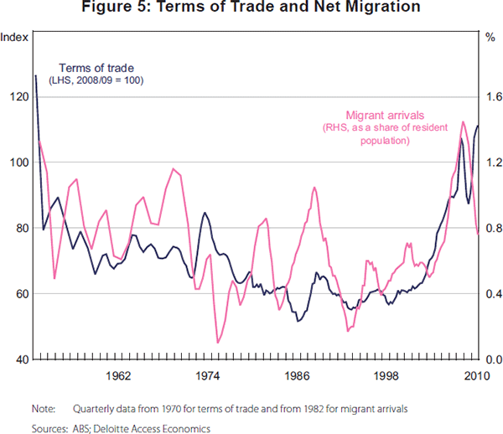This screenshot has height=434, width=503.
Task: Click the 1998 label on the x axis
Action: point(386,375)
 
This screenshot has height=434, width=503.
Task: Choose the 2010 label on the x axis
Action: point(467,375)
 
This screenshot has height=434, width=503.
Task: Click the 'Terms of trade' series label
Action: point(96,66)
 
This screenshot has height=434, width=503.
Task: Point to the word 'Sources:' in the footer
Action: point(49,427)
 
